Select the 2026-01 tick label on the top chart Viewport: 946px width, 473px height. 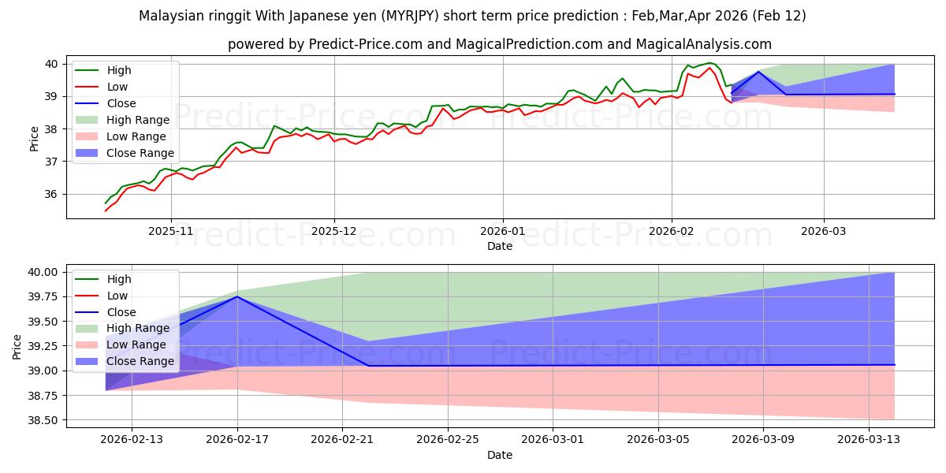(503, 233)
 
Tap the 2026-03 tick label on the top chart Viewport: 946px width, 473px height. (824, 233)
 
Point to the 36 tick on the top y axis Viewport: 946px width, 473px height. (50, 195)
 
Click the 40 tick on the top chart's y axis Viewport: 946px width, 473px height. (50, 64)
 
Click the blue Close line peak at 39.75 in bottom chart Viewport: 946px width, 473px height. (237, 296)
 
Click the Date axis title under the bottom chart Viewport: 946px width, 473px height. (499, 455)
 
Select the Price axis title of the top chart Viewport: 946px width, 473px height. (35, 138)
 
